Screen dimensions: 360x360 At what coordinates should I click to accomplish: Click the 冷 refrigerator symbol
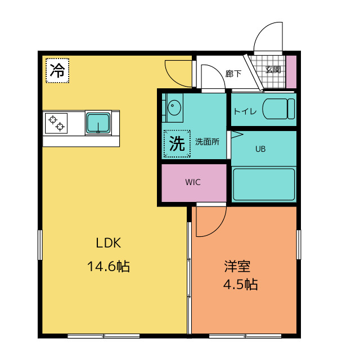coord(57,70)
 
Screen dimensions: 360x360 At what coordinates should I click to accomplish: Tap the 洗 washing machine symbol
coord(177,144)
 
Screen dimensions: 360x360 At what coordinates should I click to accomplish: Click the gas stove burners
coord(56,123)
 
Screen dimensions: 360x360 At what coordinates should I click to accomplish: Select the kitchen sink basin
coord(98,123)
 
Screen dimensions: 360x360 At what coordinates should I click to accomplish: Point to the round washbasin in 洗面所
coord(174,107)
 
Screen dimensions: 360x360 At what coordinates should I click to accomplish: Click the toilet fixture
coord(278,109)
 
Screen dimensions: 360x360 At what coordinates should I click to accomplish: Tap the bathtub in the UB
coord(264,184)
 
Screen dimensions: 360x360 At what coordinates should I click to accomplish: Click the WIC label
coord(193,182)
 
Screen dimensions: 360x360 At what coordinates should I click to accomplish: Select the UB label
coord(260,149)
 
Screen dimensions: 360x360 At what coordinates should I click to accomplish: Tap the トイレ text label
coord(245,111)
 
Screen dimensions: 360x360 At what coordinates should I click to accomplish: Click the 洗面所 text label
coord(207,142)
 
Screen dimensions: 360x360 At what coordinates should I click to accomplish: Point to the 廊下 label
coord(233,74)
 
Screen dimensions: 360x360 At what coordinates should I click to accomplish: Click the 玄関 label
coord(273,70)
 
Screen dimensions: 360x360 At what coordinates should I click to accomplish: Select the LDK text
coord(109,243)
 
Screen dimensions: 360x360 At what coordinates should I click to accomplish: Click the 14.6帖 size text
coord(109,267)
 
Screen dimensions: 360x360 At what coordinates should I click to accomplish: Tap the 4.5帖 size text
coord(240,285)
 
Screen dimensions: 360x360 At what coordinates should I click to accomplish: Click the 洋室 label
coord(237,266)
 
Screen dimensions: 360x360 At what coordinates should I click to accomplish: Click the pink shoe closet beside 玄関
coord(291,71)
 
